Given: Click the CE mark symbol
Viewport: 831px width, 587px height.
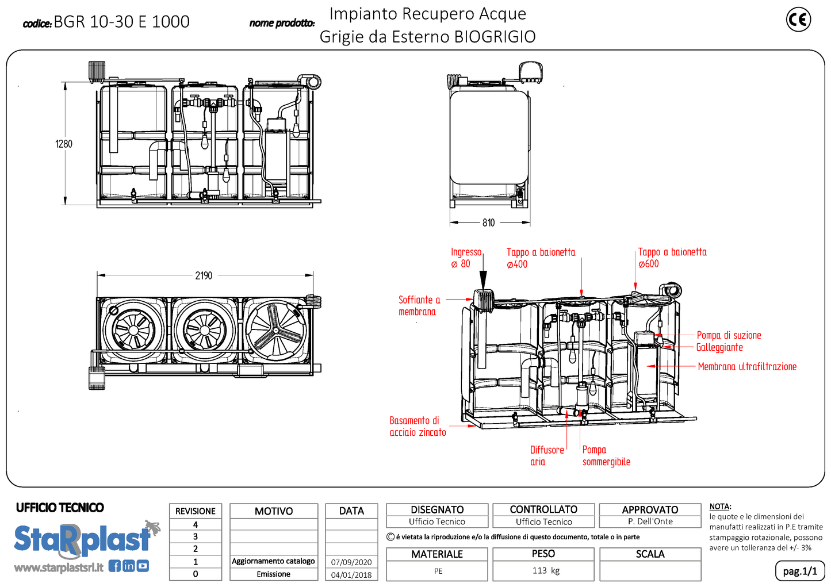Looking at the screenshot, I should tap(798, 20).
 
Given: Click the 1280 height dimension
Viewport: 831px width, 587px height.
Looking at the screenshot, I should tap(64, 144).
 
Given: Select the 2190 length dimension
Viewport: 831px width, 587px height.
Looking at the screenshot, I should tap(204, 275).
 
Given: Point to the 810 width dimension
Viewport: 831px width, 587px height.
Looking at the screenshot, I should tap(488, 222).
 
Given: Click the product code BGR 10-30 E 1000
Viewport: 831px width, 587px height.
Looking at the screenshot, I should tap(121, 22).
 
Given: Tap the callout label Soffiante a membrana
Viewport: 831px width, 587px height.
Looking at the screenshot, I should tap(419, 306).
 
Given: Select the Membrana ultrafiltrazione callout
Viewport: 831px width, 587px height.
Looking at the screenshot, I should tap(746, 366).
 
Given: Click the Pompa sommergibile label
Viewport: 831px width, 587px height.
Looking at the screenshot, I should tap(606, 455).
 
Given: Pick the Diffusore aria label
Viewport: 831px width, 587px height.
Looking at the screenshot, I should tap(546, 455).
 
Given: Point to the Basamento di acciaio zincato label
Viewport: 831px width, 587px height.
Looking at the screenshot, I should tap(418, 427).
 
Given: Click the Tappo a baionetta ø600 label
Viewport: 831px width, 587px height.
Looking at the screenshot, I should tap(672, 258).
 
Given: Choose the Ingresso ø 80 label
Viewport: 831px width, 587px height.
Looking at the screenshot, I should tap(465, 258).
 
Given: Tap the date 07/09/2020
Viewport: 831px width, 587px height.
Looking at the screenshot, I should tap(351, 562).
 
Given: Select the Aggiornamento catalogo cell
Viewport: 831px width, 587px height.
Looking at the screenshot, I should tap(273, 561).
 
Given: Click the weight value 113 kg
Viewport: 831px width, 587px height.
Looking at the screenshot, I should tap(545, 570).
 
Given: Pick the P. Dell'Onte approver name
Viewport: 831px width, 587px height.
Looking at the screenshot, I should tap(650, 521).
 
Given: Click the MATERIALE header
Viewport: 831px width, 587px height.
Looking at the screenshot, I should tap(436, 554).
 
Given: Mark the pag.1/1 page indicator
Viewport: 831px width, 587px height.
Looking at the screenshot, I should tap(799, 571).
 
